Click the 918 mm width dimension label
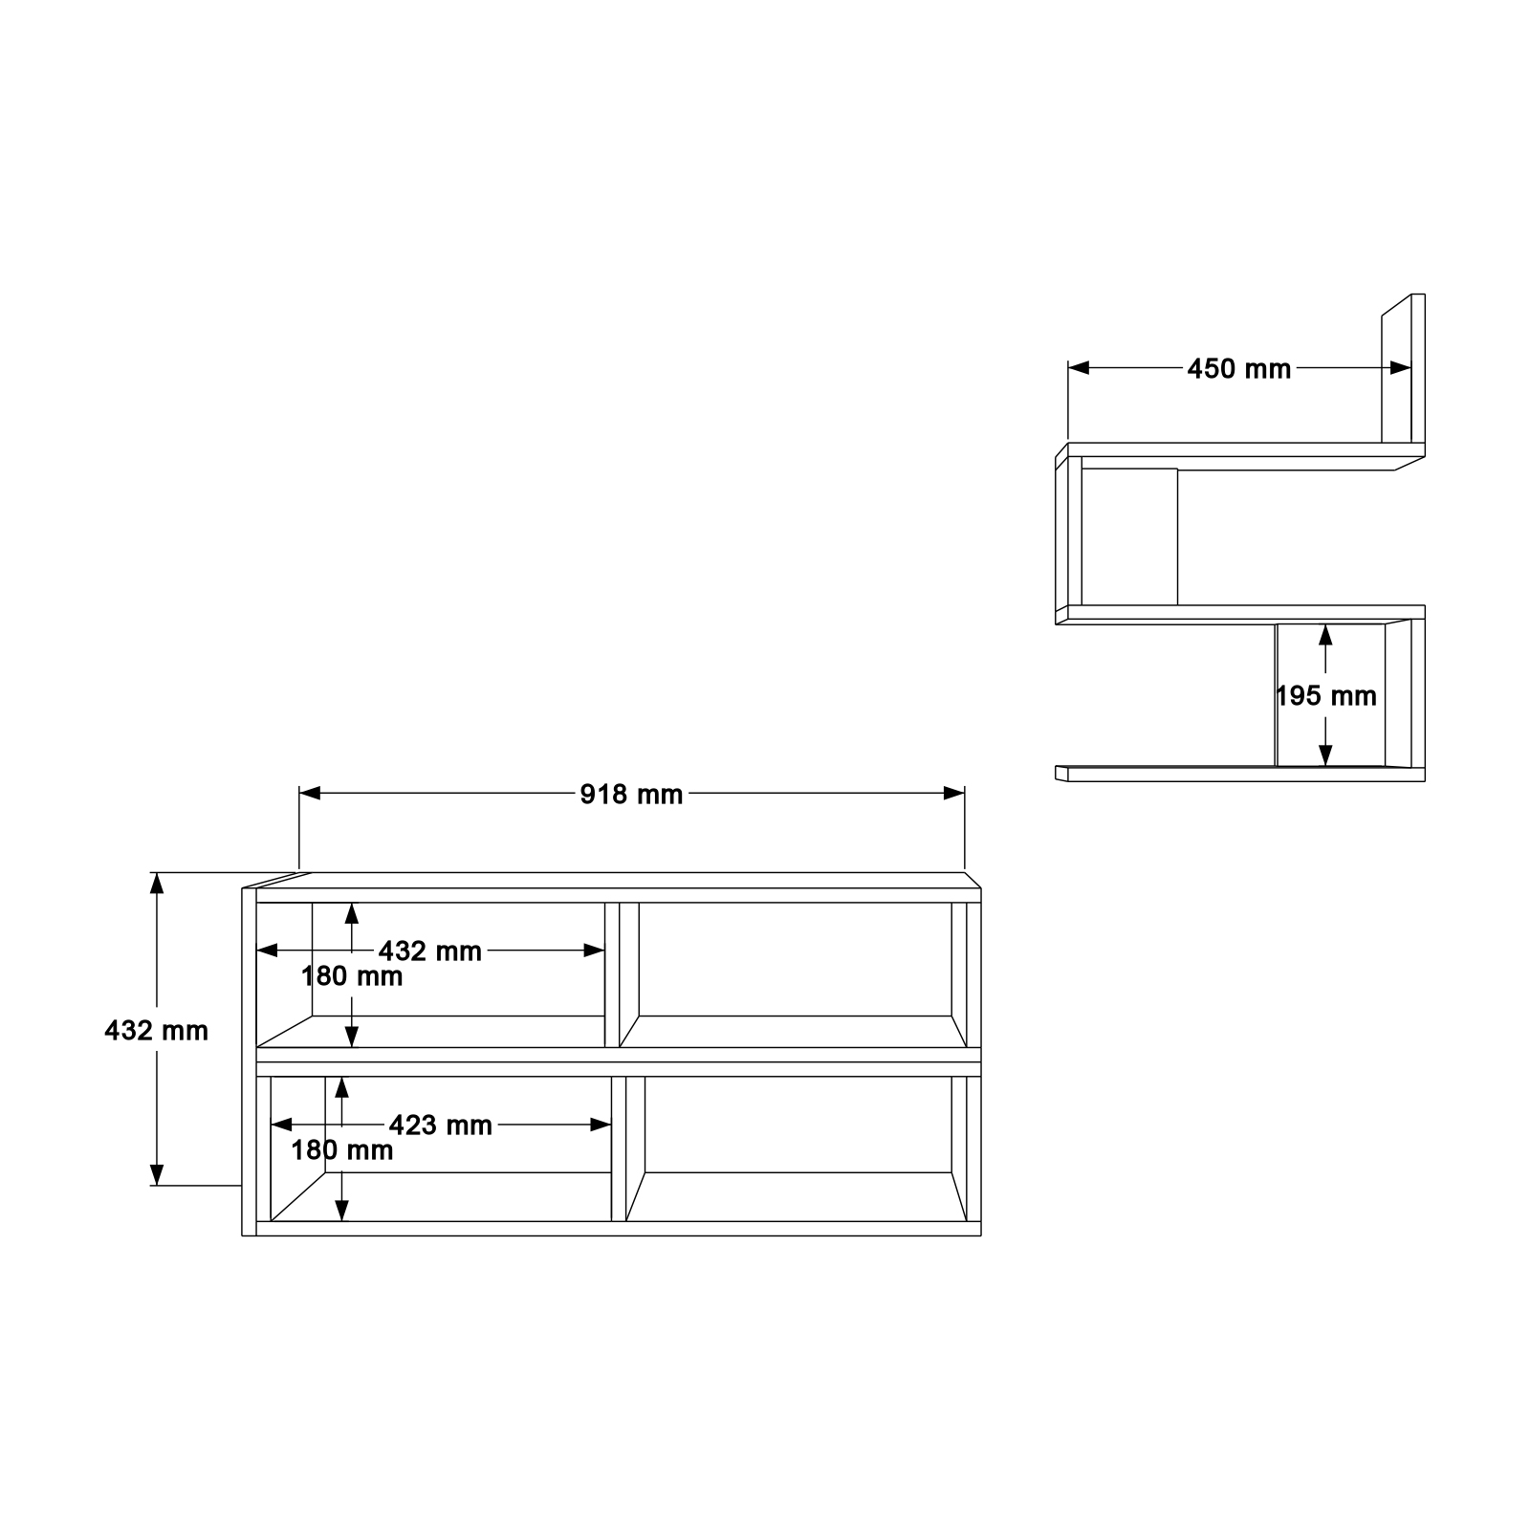(631, 795)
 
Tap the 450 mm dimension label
(1239, 368)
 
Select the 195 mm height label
(1326, 696)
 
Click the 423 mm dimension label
(440, 1126)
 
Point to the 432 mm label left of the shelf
(156, 1031)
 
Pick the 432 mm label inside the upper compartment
(430, 951)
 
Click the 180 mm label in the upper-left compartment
(352, 976)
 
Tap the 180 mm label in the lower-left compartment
(342, 1150)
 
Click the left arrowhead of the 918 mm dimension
(310, 793)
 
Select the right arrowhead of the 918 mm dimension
(954, 793)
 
